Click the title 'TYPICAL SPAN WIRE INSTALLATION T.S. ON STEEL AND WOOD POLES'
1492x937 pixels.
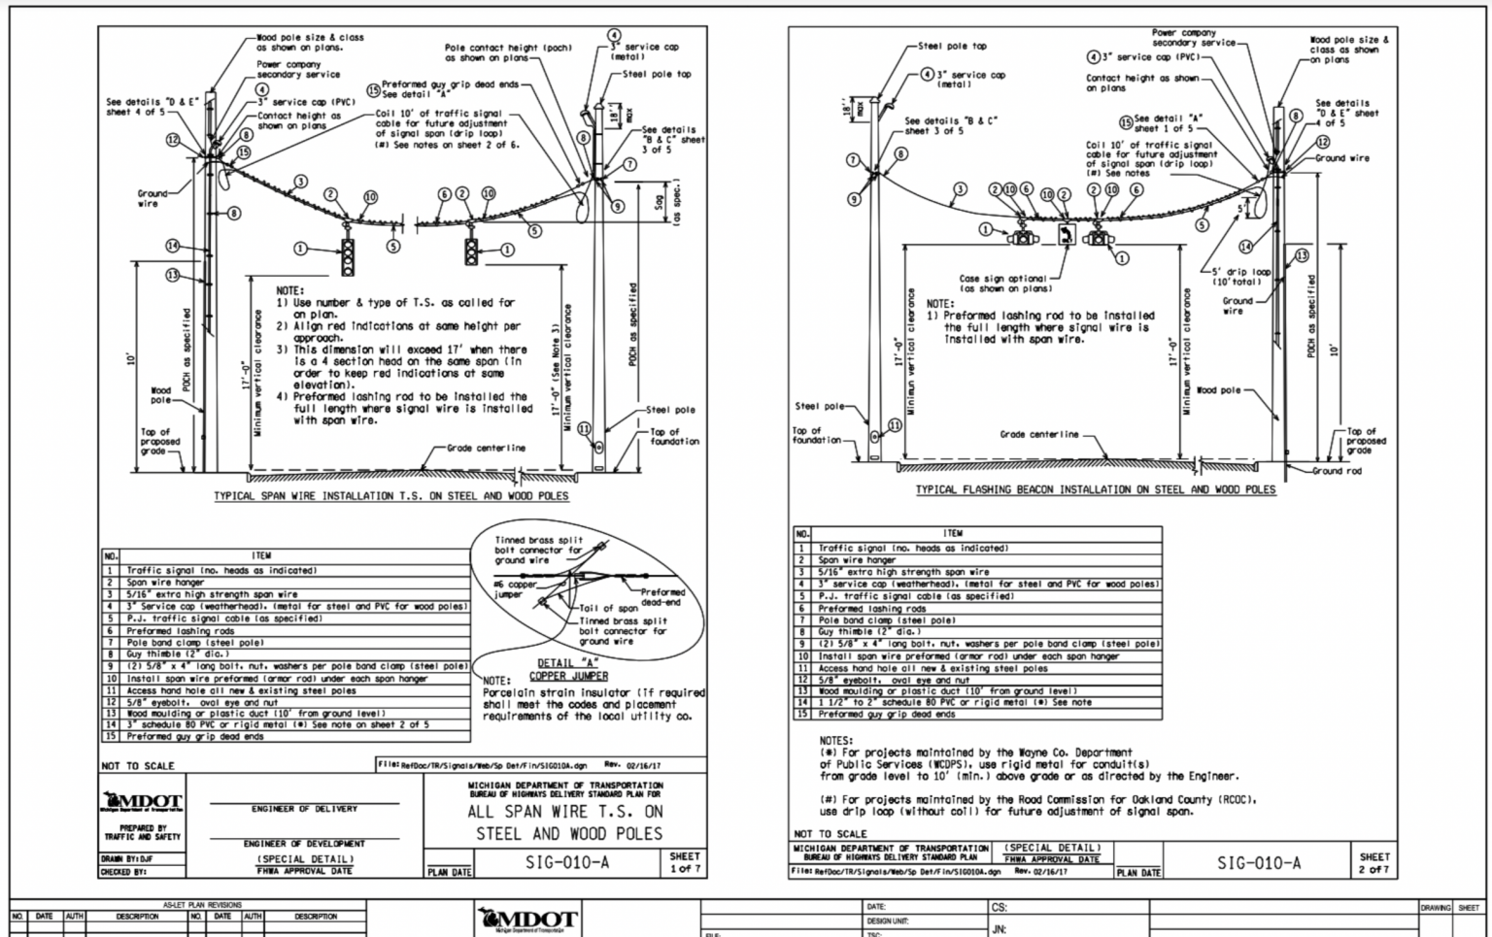pyautogui.click(x=391, y=495)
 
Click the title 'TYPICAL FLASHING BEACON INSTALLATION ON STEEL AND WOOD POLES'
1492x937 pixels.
pyautogui.click(x=1096, y=489)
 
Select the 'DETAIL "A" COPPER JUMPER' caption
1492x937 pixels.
pyautogui.click(x=568, y=669)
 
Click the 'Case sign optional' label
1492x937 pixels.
pyautogui.click(x=1002, y=283)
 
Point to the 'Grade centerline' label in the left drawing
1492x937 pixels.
pyautogui.click(x=486, y=448)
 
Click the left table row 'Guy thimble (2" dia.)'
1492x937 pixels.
pyautogui.click(x=291, y=653)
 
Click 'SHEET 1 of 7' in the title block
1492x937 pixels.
pyautogui.click(x=684, y=862)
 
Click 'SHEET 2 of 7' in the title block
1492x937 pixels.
pyautogui.click(x=1374, y=862)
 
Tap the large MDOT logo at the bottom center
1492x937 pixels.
pyautogui.click(x=528, y=918)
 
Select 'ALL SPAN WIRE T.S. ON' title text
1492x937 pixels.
pyautogui.click(x=565, y=811)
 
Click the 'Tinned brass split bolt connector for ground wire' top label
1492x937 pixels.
pyautogui.click(x=538, y=550)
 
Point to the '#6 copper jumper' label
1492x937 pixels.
pyautogui.click(x=515, y=589)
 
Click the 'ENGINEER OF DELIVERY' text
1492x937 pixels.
pyautogui.click(x=304, y=808)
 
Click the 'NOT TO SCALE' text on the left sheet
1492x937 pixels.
pyautogui.click(x=138, y=765)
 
